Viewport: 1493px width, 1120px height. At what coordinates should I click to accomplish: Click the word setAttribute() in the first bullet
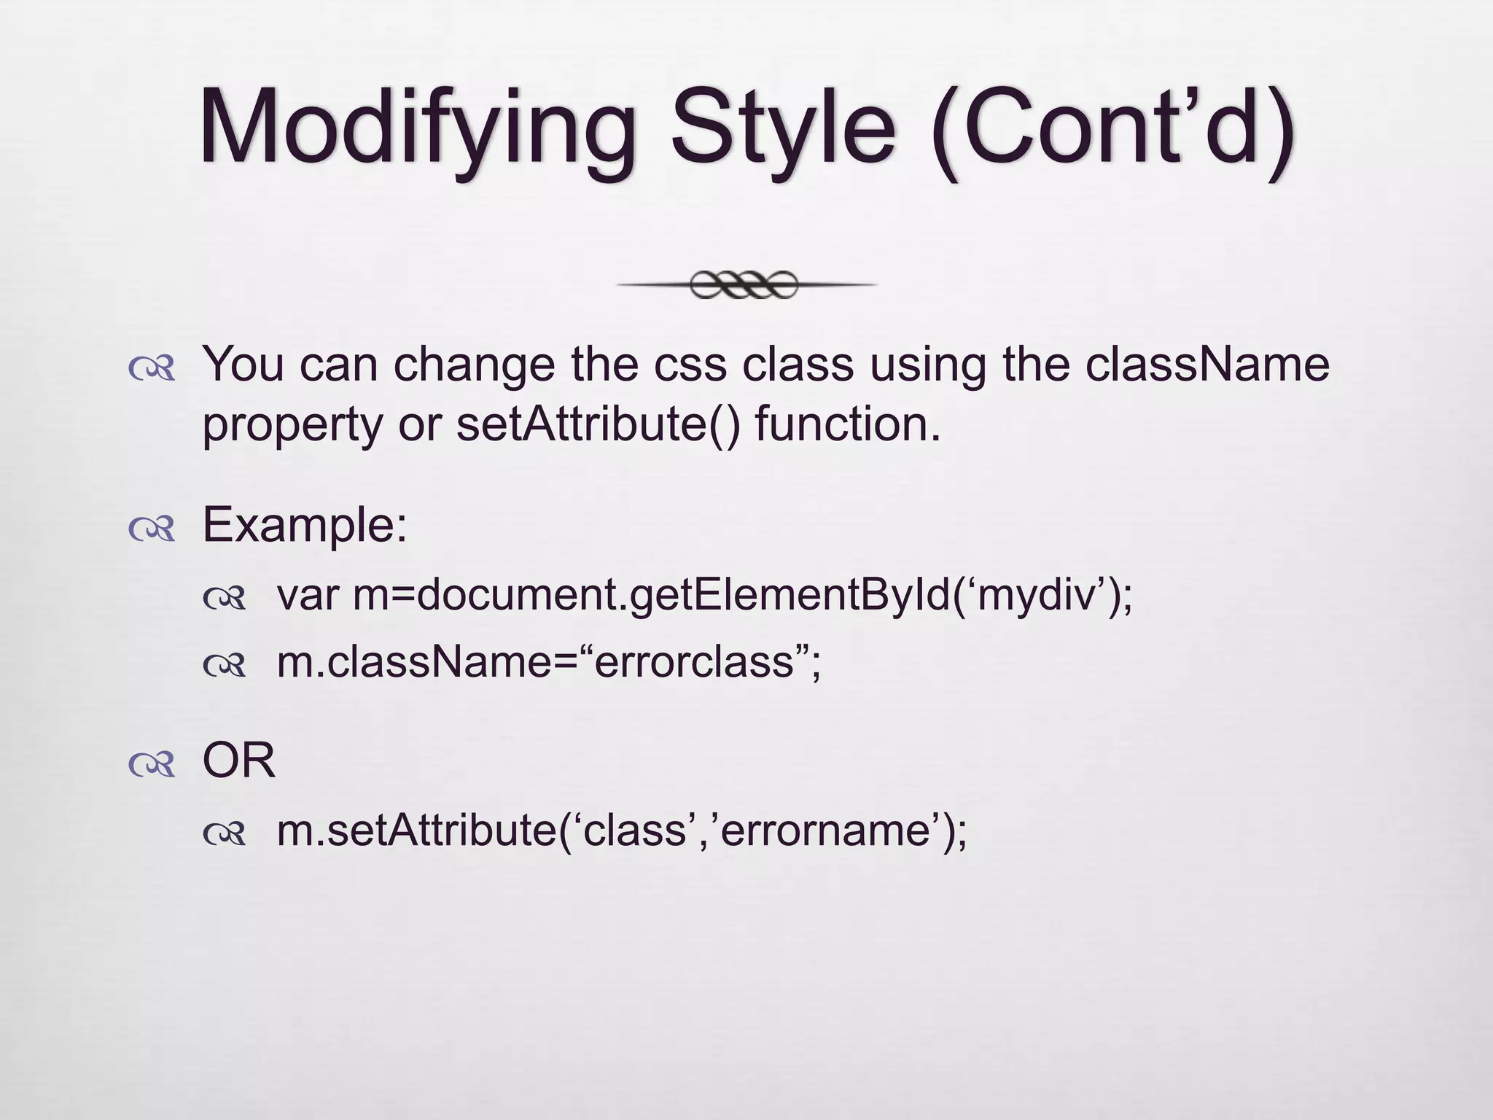[598, 424]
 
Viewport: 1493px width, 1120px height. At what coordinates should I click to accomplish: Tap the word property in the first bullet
[292, 425]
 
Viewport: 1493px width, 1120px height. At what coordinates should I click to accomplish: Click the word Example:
[305, 524]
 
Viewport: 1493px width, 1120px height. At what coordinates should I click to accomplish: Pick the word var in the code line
[307, 595]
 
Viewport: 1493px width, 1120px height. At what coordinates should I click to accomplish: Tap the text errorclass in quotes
[693, 662]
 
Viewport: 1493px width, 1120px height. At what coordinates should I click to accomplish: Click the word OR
[238, 761]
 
